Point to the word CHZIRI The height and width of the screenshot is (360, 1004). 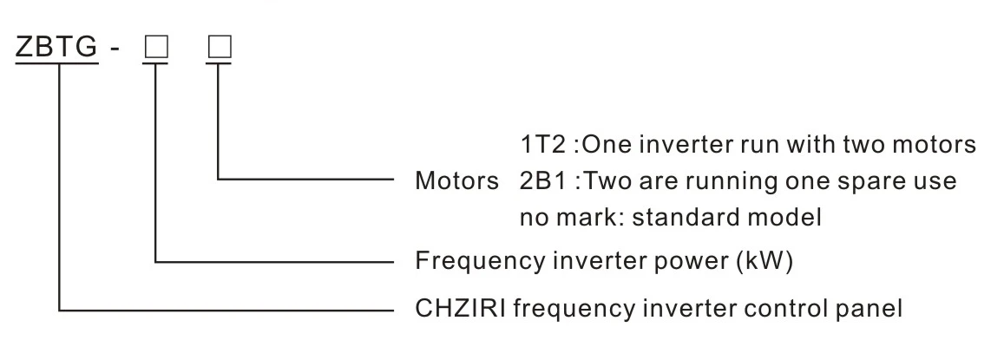point(457,307)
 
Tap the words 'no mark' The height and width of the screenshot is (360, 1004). point(550,219)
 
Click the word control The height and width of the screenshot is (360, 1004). point(794,307)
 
